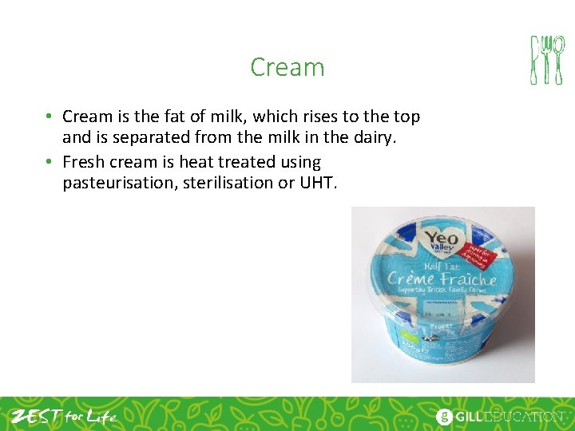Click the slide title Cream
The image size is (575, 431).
click(x=287, y=67)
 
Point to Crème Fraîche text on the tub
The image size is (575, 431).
click(x=442, y=279)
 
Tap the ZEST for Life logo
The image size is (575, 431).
click(x=64, y=416)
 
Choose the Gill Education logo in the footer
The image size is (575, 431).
click(x=499, y=416)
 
